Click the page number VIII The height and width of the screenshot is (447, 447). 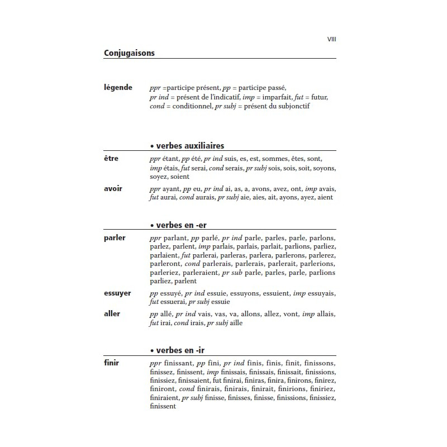[331, 40]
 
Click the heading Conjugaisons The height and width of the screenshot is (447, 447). [129, 53]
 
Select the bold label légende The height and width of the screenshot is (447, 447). [118, 87]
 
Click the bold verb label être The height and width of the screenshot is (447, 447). [111, 159]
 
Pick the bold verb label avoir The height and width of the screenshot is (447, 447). [113, 188]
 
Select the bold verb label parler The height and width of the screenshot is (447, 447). [115, 237]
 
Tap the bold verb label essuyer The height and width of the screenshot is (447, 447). [118, 293]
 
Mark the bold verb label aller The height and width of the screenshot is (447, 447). [112, 313]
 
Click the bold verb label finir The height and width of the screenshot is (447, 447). [111, 363]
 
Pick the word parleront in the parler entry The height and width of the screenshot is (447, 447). [166, 264]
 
